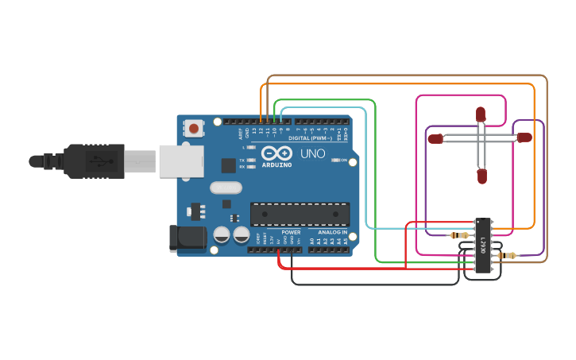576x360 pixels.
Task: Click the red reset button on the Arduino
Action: (194, 127)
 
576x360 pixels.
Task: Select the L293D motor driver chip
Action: (482, 246)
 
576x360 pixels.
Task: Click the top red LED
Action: (480, 114)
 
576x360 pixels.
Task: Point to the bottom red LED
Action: (481, 176)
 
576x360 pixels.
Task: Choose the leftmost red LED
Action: (435, 139)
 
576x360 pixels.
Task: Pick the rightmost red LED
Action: (524, 137)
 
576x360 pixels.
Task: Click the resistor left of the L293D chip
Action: (458, 235)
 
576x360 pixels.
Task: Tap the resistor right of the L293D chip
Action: (507, 255)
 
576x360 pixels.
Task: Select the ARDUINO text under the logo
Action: (276, 165)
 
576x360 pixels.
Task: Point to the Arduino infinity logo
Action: (276, 153)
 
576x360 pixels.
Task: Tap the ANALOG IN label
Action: (333, 232)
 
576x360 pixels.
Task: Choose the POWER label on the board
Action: (291, 232)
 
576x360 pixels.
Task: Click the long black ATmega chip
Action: (300, 214)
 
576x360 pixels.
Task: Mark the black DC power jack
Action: (187, 238)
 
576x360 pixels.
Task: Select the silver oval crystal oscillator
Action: (226, 188)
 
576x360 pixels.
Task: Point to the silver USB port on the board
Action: (182, 161)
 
